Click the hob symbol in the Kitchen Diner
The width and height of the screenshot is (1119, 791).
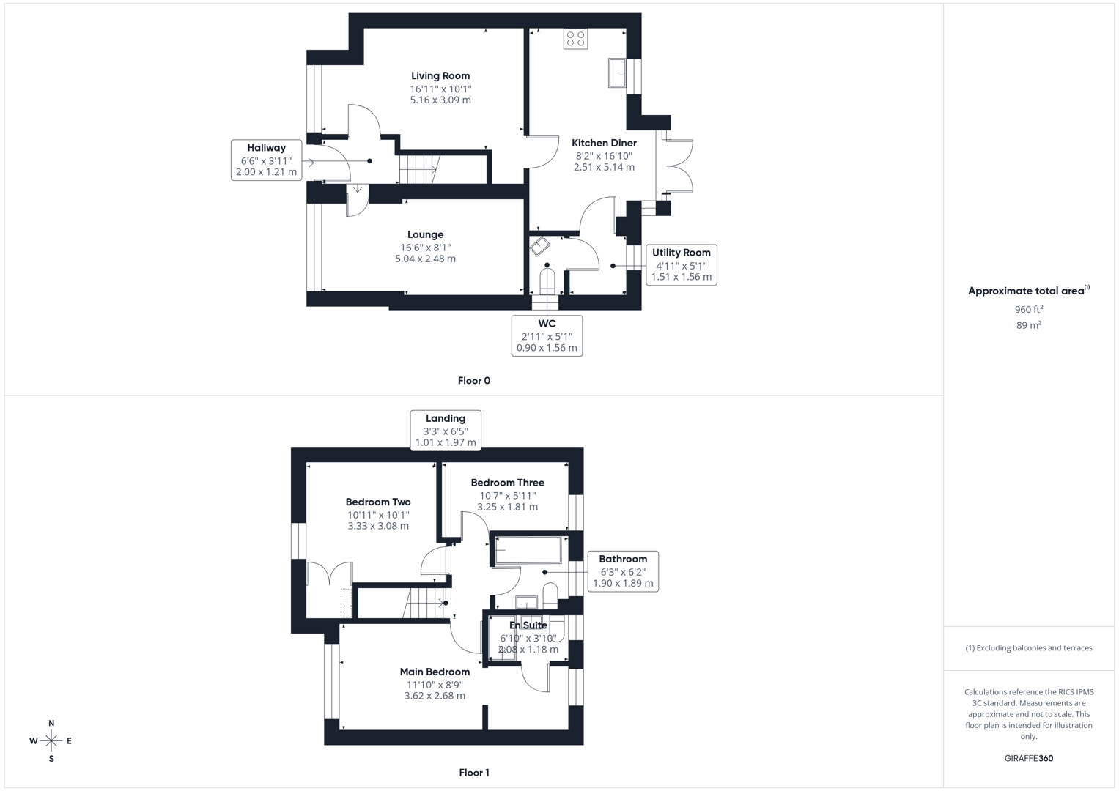[x=575, y=39]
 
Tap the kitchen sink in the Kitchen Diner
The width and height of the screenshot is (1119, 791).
[x=617, y=73]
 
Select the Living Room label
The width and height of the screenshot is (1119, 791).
[x=440, y=76]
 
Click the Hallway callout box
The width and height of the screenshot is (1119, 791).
[x=266, y=160]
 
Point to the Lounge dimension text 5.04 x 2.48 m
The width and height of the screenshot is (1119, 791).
[x=425, y=259]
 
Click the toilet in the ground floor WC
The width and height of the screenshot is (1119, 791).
[x=547, y=281]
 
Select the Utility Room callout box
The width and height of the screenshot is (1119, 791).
[x=681, y=264]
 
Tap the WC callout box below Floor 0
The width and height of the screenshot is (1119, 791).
[x=547, y=335]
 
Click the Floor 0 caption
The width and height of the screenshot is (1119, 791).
[x=473, y=381]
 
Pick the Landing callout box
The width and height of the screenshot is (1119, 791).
[x=446, y=430]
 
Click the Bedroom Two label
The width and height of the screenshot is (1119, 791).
[x=378, y=502]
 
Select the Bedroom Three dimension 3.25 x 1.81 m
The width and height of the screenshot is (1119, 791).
[x=507, y=507]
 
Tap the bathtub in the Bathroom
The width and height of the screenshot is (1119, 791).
[x=528, y=551]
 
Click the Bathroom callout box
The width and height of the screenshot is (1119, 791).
[x=623, y=571]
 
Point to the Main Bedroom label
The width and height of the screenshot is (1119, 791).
[x=435, y=672]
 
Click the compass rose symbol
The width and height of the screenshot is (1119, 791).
[x=51, y=741]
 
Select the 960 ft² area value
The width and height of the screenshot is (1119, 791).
[x=1029, y=310]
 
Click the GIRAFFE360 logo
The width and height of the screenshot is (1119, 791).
[x=1028, y=758]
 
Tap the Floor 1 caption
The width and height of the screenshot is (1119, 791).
[x=473, y=773]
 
